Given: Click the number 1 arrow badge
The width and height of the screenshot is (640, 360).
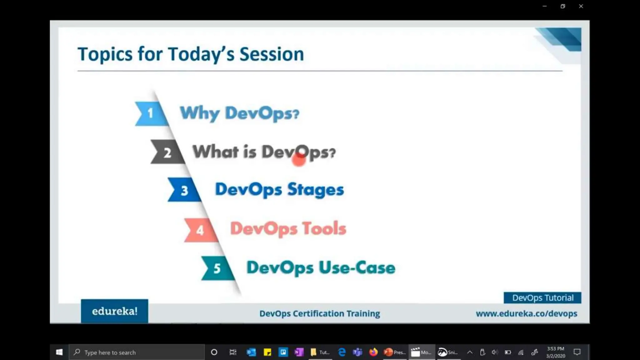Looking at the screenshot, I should [150, 113].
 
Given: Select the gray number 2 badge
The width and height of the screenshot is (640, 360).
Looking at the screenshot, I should [167, 152].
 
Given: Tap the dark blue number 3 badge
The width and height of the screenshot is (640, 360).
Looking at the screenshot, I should [184, 190].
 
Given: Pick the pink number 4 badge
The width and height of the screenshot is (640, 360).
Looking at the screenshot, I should [200, 230].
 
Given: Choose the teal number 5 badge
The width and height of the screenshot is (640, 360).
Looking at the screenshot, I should [217, 268].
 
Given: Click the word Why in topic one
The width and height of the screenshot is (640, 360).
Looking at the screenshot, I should [200, 113].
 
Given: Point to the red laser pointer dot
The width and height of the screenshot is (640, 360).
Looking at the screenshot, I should [299, 160].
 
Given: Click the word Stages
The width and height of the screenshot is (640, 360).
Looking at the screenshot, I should [315, 190].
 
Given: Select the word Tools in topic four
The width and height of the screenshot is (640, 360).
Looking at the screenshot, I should [324, 228].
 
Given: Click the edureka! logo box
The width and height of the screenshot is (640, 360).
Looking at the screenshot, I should [114, 311].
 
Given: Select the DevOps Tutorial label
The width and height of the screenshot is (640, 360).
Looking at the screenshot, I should [542, 298].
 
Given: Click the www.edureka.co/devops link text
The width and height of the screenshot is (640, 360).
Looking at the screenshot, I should [526, 313].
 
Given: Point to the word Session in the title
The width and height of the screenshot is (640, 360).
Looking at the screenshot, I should [272, 54].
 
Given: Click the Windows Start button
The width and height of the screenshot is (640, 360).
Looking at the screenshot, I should [59, 352].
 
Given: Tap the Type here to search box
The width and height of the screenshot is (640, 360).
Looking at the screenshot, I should [137, 352].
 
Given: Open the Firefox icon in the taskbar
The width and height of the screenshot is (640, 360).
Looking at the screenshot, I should [373, 352].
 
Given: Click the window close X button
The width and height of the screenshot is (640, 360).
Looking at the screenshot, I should [581, 6].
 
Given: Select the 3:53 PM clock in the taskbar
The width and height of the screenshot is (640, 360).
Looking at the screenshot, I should [555, 349].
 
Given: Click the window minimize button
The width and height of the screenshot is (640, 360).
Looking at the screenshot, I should [545, 6].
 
